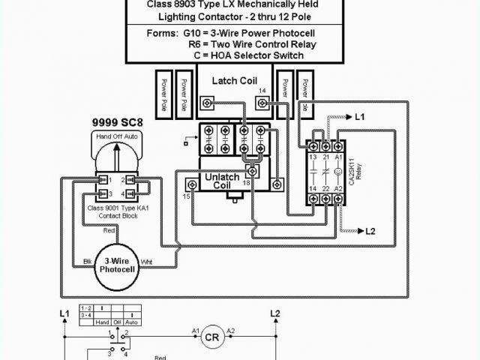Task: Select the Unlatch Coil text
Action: tap(222, 181)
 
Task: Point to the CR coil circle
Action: tap(211, 337)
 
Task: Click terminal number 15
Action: tap(186, 196)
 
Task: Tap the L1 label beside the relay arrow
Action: tap(359, 117)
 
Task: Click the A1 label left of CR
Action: tap(195, 330)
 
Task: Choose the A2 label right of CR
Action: tap(230, 330)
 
